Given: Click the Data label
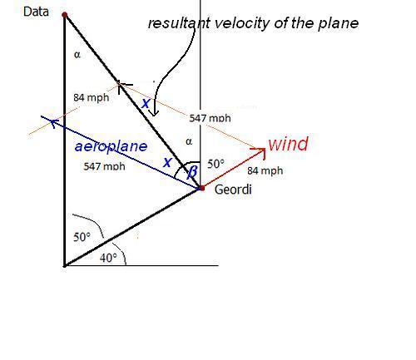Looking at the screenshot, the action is [x=36, y=12].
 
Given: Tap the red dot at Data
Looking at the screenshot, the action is [x=65, y=15].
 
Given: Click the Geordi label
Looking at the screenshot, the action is [x=233, y=190].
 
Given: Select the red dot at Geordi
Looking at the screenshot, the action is [x=201, y=188].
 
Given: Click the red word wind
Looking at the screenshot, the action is [x=289, y=144].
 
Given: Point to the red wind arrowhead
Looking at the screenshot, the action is [x=261, y=152].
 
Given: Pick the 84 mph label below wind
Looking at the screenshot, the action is [x=265, y=170].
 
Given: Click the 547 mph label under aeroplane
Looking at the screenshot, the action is [x=104, y=166].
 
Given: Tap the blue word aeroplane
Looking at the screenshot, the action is [x=111, y=146].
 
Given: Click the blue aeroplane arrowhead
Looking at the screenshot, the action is [x=52, y=122].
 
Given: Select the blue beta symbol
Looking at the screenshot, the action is [x=192, y=172].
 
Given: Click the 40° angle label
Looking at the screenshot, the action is [x=108, y=258].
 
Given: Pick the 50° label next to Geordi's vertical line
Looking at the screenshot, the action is [x=215, y=164].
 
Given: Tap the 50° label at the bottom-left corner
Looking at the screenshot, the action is [x=82, y=237].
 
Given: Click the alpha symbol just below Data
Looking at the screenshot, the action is [x=77, y=55].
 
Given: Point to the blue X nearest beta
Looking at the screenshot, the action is [x=167, y=162].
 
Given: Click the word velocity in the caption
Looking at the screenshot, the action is [x=241, y=23].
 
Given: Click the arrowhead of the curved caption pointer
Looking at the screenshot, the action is [x=155, y=113].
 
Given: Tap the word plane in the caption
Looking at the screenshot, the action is [x=338, y=24].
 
